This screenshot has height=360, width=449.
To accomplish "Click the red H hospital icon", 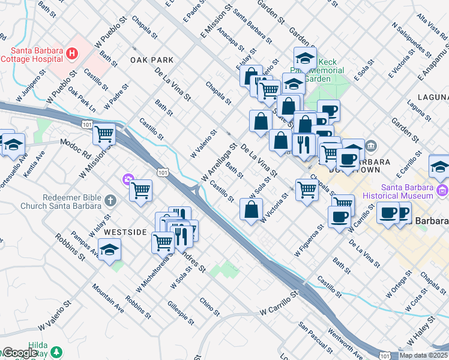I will pos(72,53).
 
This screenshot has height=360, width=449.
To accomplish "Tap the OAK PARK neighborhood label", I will pos(151,60).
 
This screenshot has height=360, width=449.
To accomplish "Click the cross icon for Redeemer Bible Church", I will pos(110,200).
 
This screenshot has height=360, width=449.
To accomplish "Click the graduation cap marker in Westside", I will pos(109,250).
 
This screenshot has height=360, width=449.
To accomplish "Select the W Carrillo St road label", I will pos(279,304).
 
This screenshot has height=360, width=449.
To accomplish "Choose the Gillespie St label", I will pos(181,313).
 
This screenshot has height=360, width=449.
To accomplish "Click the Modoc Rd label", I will pos(75,142).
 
